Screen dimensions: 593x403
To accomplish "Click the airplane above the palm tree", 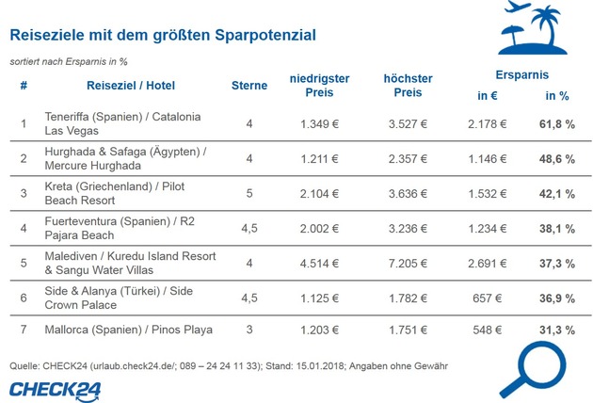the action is pos(518,6).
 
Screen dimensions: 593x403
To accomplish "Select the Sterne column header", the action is pos(249,86).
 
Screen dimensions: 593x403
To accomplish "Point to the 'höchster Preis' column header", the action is pos(408,86).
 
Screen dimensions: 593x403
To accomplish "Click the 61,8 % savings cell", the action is pos(557,124).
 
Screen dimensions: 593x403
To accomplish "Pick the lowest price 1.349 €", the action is pos(320,124).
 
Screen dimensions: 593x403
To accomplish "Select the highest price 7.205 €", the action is pos(408,264).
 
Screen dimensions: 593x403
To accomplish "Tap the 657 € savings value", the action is pos(488,298).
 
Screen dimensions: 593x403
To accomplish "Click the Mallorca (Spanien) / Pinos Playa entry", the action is pos(128,330).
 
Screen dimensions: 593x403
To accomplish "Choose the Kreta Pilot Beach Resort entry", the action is pos(115,193).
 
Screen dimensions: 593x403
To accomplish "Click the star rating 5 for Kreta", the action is pos(249,193).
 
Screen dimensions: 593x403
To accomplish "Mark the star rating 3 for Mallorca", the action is pos(249,330).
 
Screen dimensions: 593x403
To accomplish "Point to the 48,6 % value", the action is pos(557,159).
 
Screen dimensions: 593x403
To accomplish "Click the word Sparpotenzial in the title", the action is pos(265,35).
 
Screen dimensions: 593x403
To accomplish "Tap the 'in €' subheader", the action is pos(488,96).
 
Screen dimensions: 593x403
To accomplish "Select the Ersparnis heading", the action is pos(521,75).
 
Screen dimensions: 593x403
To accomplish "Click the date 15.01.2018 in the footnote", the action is pos(320,366).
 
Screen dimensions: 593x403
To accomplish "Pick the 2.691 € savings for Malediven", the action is pos(488,264).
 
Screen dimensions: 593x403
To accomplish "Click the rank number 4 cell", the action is pos(24,228).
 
